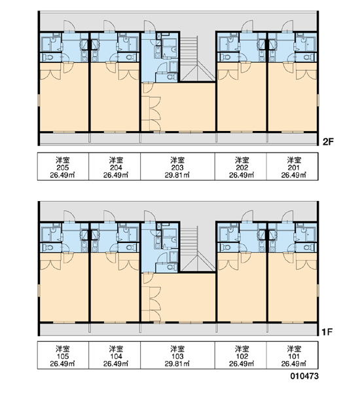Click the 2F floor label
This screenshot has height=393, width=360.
click(328, 142)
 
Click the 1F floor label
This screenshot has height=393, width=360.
click(328, 332)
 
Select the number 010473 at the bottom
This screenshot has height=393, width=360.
click(304, 376)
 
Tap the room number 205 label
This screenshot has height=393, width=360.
click(63, 168)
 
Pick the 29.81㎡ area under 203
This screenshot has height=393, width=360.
click(177, 175)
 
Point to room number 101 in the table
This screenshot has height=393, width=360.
click(294, 356)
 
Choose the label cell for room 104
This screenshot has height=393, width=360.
click(115, 355)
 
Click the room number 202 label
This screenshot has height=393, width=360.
click(242, 168)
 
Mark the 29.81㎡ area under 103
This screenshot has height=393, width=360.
click(177, 364)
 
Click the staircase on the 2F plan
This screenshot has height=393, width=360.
click(198, 59)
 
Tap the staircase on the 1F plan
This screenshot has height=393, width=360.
click(198, 249)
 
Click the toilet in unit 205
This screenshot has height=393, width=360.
click(48, 58)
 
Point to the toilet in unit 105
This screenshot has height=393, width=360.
click(48, 248)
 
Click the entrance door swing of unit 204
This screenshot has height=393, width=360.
click(109, 26)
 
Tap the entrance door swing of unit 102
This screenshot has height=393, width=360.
click(247, 216)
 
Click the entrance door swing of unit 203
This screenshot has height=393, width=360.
click(150, 26)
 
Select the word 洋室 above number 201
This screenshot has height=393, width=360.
click(294, 160)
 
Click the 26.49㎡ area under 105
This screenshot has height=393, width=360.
click(62, 364)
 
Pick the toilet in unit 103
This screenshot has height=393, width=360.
click(172, 267)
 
